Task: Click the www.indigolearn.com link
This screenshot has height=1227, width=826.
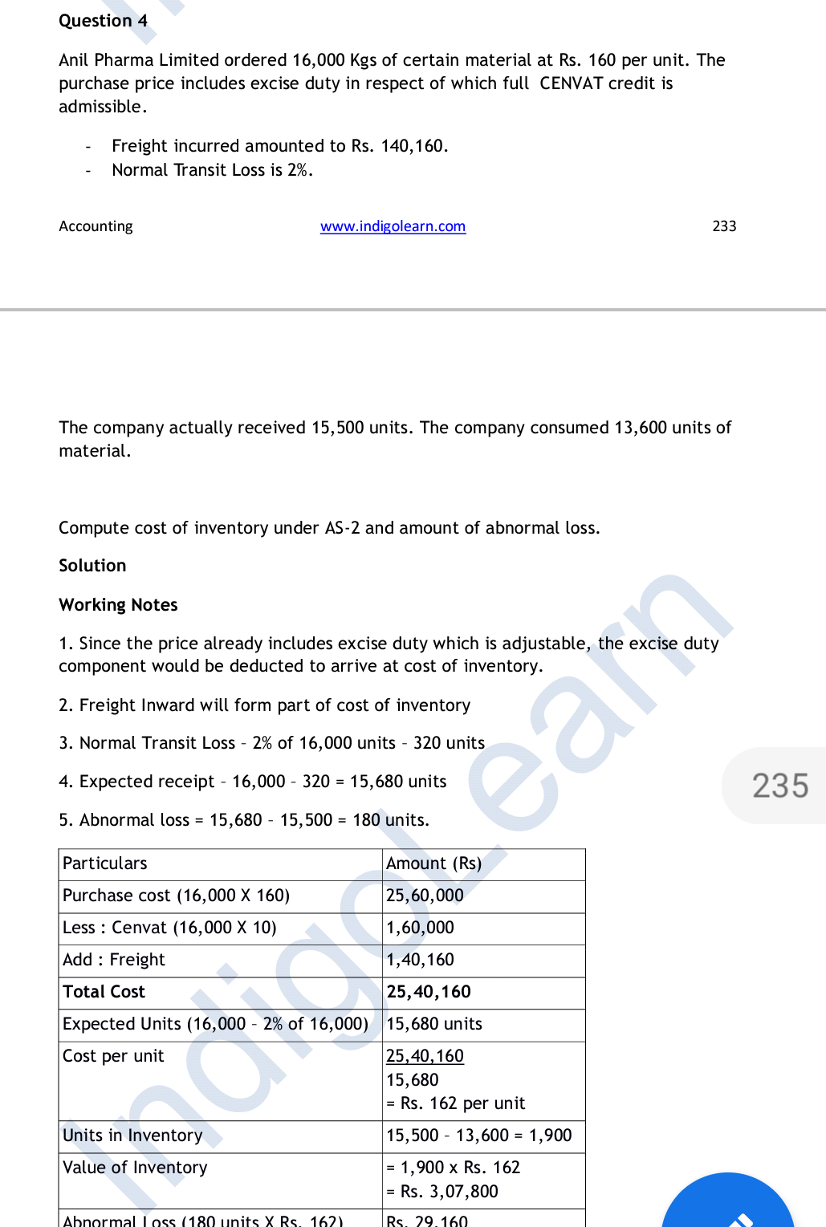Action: point(393,226)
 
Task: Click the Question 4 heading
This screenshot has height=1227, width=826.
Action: point(103,21)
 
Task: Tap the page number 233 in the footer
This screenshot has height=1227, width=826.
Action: point(724,226)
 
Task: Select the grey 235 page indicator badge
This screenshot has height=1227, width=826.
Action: point(779,786)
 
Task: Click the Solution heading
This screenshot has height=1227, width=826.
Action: point(92,566)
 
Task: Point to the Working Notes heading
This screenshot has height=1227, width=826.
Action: point(118,605)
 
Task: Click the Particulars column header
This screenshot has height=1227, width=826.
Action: point(105,863)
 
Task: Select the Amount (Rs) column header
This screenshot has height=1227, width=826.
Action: point(433,863)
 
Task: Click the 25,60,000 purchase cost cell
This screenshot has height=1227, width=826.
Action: point(425,896)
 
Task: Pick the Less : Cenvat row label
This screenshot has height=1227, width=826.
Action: point(169,928)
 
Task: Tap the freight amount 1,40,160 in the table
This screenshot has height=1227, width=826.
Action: point(420,960)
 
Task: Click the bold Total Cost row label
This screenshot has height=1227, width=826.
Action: point(104,992)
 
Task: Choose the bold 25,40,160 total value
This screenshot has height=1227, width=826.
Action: point(429,992)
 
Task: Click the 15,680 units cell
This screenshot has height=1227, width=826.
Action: point(434,1024)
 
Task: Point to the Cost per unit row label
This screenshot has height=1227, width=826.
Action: point(113,1056)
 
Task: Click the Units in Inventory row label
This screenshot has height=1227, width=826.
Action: point(132,1136)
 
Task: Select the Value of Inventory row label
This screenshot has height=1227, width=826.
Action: point(135,1168)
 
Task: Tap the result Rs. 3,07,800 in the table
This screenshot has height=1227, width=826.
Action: point(449,1192)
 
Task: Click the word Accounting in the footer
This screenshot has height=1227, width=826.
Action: point(96,226)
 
